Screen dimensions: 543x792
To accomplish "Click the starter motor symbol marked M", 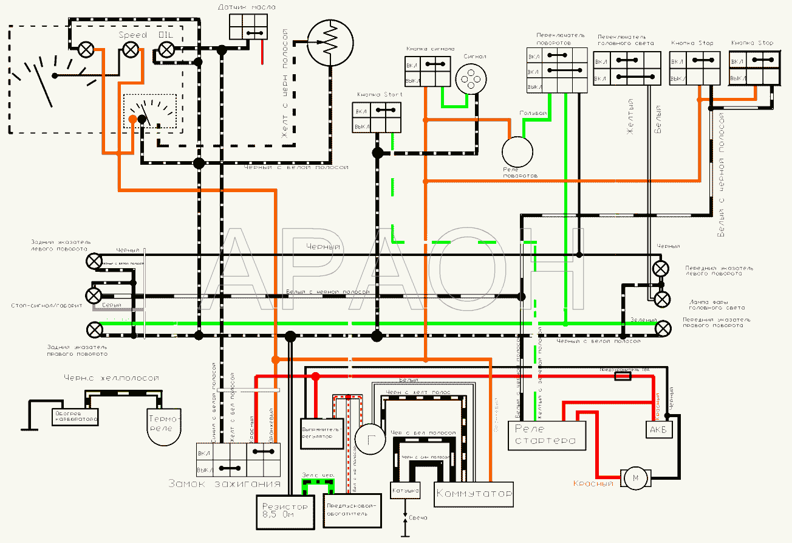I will (x=635, y=478).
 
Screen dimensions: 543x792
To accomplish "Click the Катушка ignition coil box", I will (x=405, y=490).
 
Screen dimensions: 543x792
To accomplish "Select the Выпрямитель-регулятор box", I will (x=323, y=433).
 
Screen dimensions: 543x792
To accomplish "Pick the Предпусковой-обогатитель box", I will (x=353, y=509).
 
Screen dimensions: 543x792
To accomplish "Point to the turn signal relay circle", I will (x=517, y=150).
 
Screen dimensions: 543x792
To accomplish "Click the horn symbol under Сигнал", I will (x=471, y=79).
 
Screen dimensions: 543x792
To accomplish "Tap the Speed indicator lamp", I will (x=130, y=50).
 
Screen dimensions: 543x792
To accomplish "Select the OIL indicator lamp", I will (x=166, y=50).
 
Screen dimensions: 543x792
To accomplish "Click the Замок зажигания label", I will (x=224, y=484).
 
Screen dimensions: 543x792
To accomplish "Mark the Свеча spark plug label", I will (x=418, y=517).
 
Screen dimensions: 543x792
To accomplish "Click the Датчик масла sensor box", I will (x=249, y=26).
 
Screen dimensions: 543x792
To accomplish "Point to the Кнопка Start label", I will (x=377, y=95).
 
